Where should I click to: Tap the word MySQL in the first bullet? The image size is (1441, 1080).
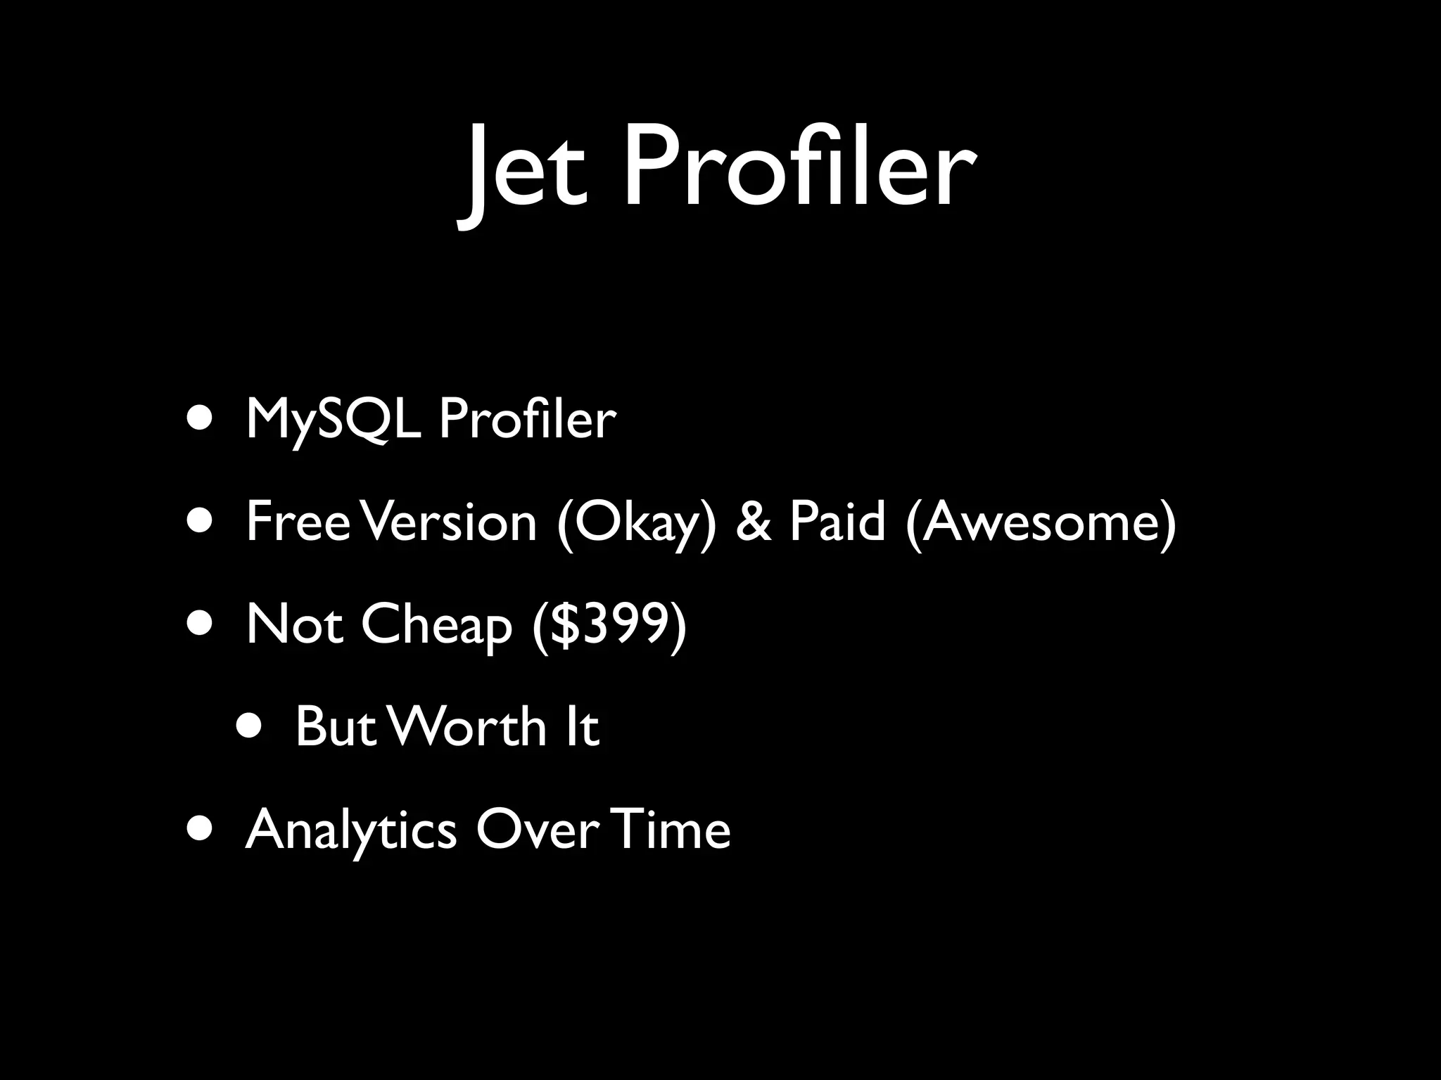pos(334,420)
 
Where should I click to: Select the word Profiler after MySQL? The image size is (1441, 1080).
pos(527,419)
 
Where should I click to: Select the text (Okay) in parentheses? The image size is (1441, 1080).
pos(636,524)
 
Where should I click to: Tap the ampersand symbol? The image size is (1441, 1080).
pos(753,522)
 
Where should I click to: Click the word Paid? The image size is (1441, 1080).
pos(837,522)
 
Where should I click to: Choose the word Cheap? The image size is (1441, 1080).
pos(436,626)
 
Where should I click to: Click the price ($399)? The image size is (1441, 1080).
pos(609,626)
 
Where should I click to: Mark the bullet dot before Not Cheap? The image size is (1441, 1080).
pos(202,624)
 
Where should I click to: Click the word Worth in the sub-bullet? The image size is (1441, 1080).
pos(468,727)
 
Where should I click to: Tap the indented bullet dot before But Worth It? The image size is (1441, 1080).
pos(251,727)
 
